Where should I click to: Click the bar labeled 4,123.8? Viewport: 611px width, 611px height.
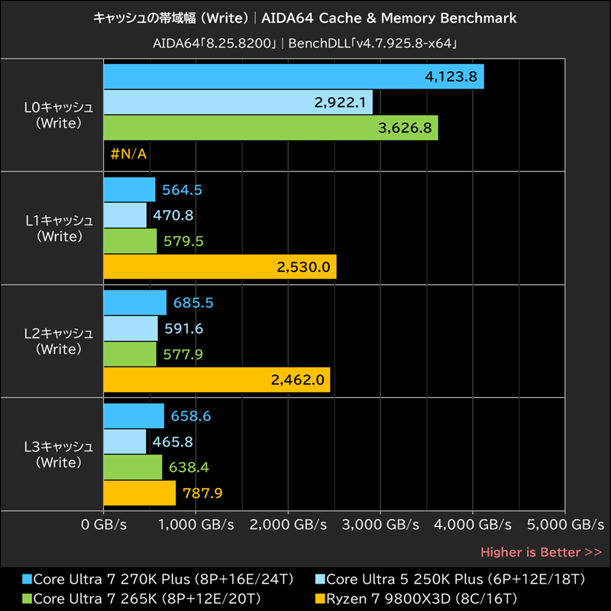(293, 76)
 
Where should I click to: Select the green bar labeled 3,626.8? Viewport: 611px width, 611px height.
(270, 128)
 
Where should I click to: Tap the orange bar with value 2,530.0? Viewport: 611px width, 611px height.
(219, 267)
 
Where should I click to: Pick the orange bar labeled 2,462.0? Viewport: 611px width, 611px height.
(216, 380)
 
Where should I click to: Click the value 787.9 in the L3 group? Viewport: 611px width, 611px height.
(202, 493)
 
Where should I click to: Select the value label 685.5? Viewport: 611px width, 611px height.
(193, 303)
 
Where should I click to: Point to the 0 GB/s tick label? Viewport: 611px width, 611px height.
(103, 525)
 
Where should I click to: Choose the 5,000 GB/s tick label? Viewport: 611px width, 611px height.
(564, 525)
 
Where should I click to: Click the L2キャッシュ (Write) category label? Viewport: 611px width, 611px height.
(59, 341)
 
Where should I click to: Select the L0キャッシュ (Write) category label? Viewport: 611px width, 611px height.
(59, 115)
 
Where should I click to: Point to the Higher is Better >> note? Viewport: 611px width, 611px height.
(541, 552)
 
